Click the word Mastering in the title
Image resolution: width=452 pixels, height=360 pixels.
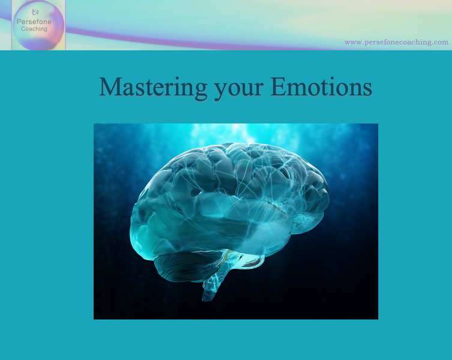click(x=152, y=87)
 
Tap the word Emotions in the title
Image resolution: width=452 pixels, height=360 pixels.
click(x=321, y=87)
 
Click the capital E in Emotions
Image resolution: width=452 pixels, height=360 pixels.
click(x=278, y=87)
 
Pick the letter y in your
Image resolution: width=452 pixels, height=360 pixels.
click(x=220, y=89)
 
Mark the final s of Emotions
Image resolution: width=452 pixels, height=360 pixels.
click(x=367, y=88)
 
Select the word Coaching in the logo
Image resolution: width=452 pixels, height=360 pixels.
click(x=34, y=29)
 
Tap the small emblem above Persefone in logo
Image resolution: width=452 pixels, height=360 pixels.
click(x=35, y=12)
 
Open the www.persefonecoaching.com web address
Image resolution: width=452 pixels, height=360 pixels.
click(x=396, y=42)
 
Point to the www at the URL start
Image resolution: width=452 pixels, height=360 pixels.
click(x=352, y=42)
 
